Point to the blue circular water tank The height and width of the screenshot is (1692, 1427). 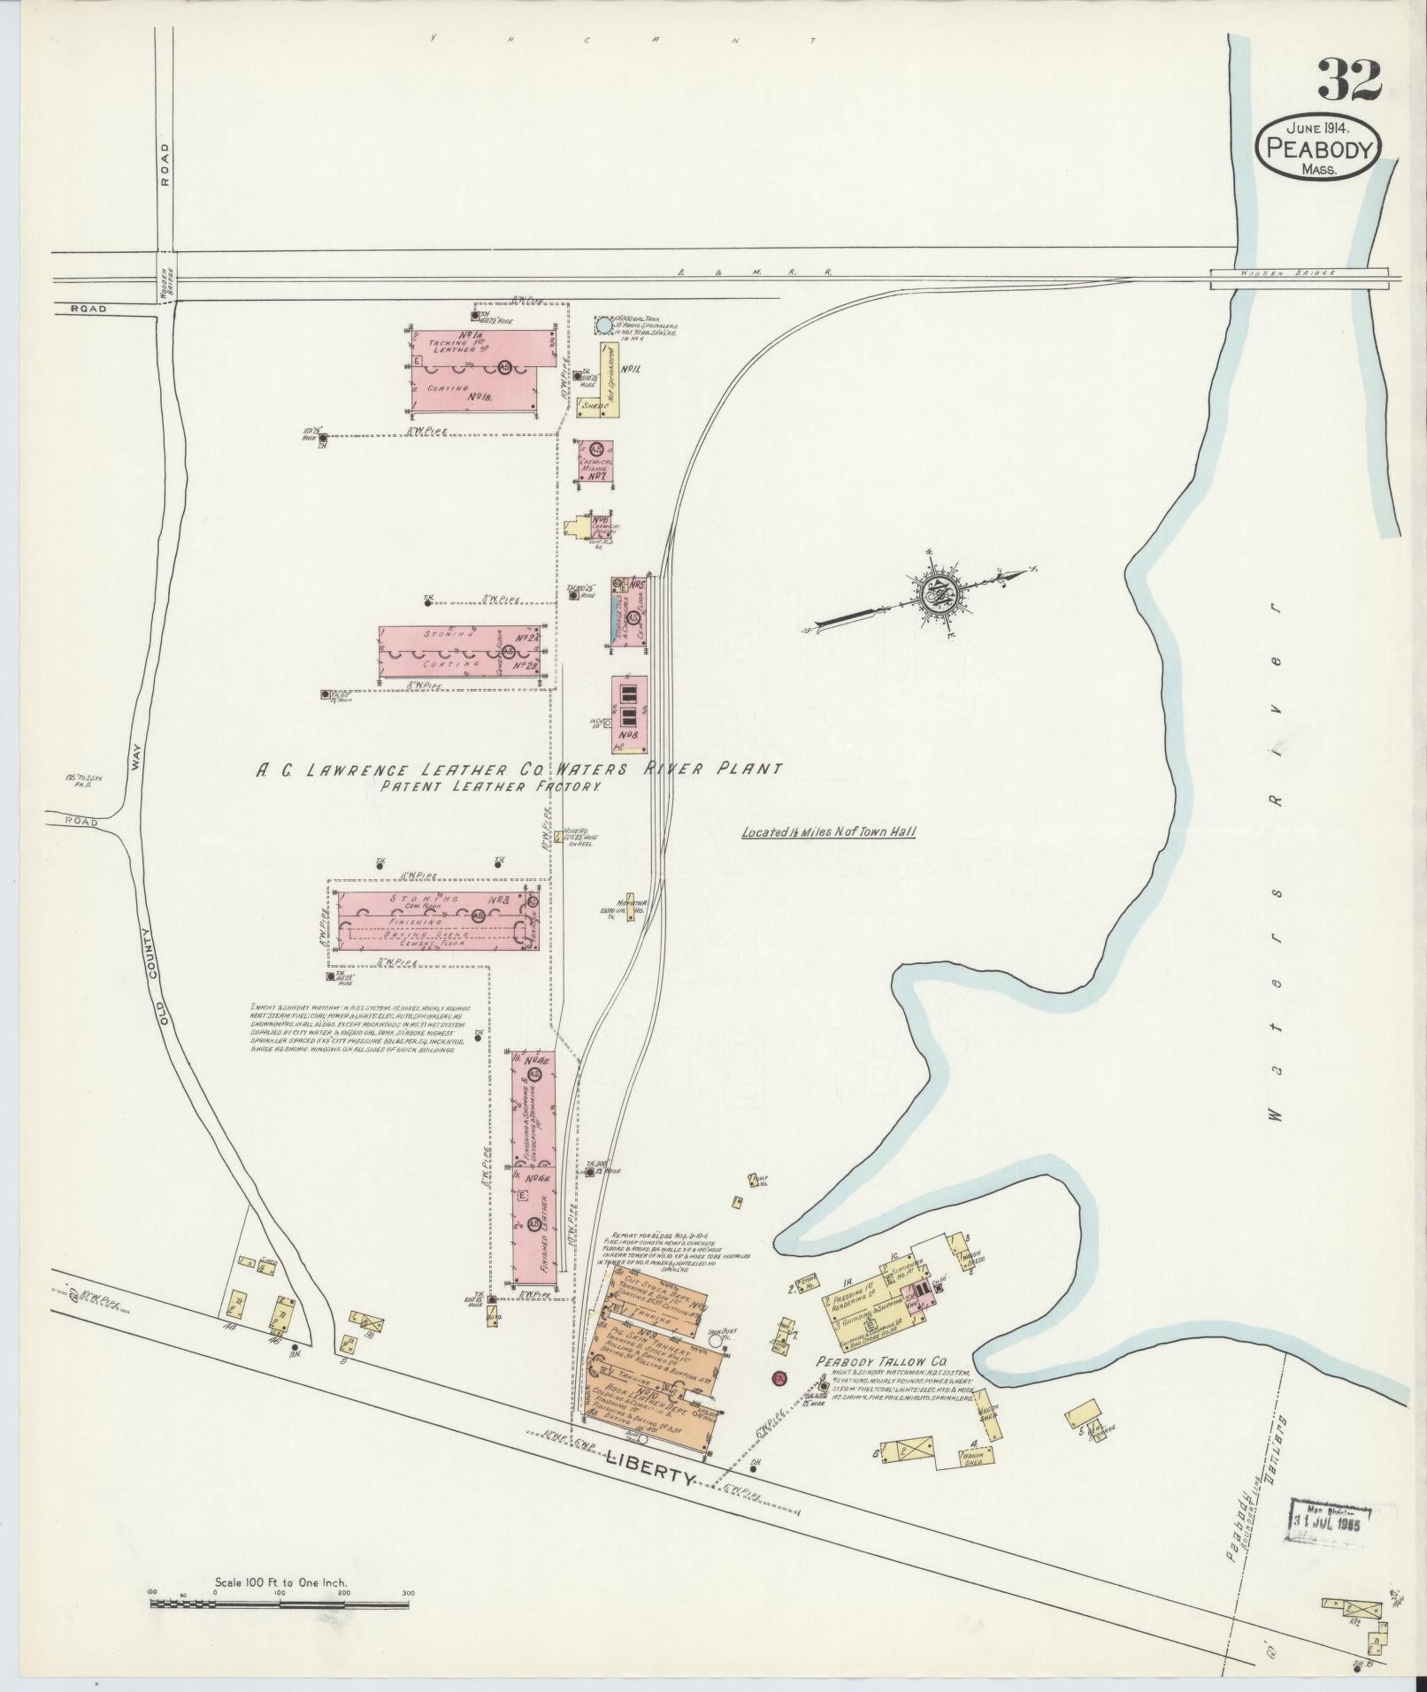(x=602, y=325)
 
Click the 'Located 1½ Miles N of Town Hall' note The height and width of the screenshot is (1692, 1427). (x=829, y=831)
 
